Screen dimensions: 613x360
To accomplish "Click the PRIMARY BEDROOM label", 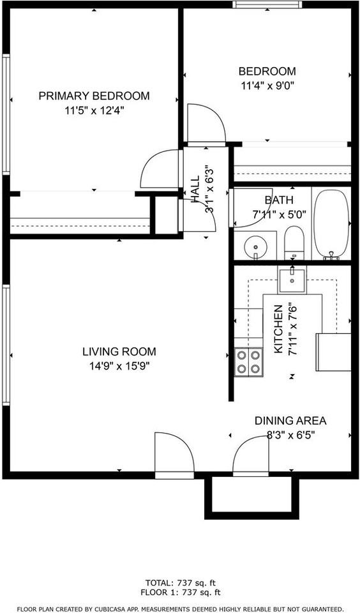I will (94, 96).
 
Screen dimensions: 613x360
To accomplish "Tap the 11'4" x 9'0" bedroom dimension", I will (267, 84).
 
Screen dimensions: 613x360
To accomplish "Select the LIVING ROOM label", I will (119, 351).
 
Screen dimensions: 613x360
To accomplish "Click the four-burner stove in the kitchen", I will (249, 362).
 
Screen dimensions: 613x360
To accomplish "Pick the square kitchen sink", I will (292, 278).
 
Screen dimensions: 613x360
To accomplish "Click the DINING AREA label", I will (290, 421).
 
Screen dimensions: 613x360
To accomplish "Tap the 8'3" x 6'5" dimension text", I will (290, 435).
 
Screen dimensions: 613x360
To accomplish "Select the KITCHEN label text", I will (278, 329).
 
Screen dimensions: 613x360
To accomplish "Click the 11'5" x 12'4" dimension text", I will (94, 110).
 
